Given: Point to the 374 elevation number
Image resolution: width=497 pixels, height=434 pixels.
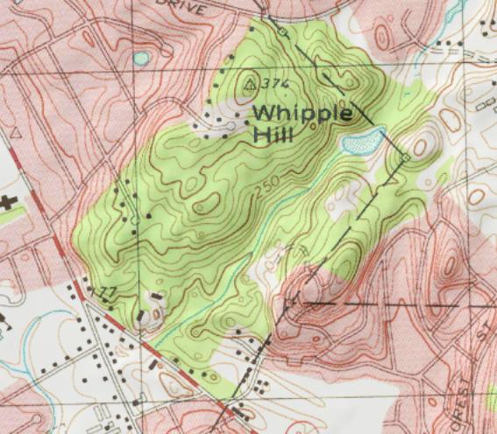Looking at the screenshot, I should coord(276,83).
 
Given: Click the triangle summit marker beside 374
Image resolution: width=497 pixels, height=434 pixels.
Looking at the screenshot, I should coord(251,84).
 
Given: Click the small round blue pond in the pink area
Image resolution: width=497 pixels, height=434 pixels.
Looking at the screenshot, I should coord(141,59).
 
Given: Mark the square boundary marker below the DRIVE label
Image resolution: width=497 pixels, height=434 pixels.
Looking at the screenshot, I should coord(282,31).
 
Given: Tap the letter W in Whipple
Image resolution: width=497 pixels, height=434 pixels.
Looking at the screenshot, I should coord(264,114).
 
